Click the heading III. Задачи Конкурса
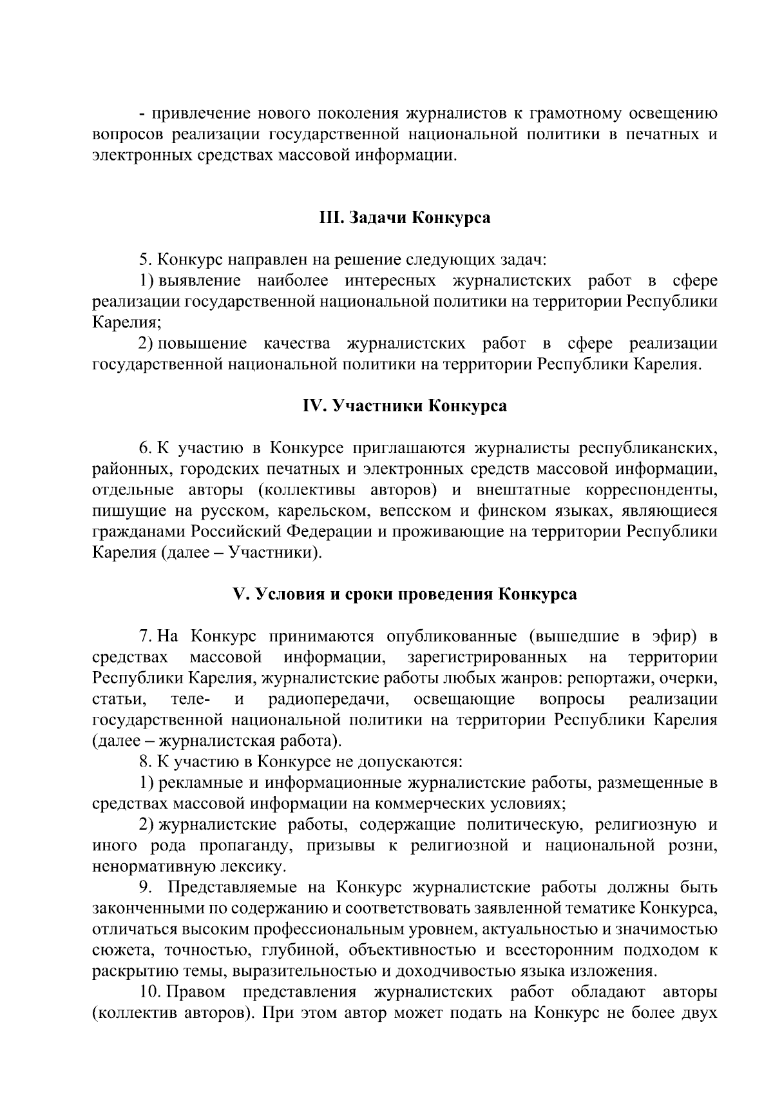(x=405, y=218)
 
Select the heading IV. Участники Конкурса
(x=405, y=406)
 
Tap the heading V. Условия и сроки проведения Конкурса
(x=405, y=594)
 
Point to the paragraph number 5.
(x=144, y=260)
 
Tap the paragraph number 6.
(x=144, y=448)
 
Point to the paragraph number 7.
(x=144, y=636)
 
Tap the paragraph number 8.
(x=144, y=762)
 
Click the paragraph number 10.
(x=149, y=992)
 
